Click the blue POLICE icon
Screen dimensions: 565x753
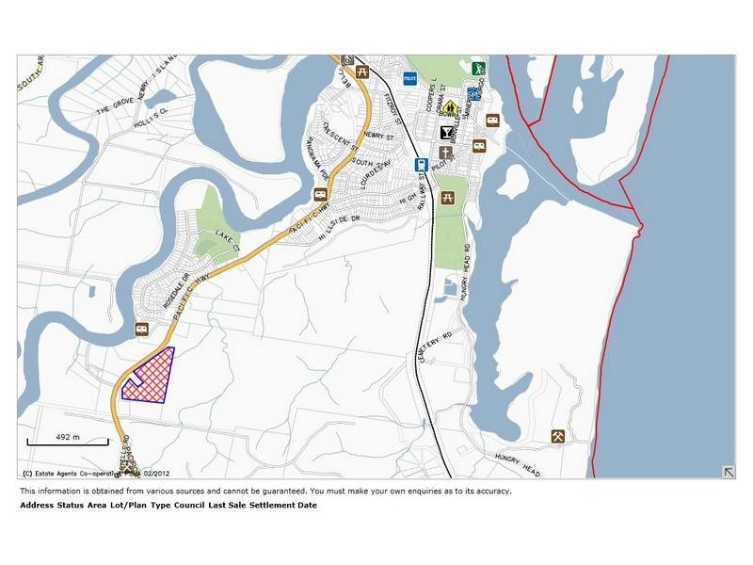(x=409, y=79)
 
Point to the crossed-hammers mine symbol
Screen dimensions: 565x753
(x=557, y=436)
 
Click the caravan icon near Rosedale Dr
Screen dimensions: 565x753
(x=142, y=329)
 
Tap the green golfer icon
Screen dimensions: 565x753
(x=478, y=68)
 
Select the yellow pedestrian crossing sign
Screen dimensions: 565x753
(x=450, y=106)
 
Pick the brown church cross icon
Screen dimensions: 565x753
(x=445, y=152)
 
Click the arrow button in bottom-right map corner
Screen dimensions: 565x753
(x=728, y=472)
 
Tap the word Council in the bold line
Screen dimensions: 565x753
(x=188, y=506)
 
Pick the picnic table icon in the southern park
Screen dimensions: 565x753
(x=448, y=198)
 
